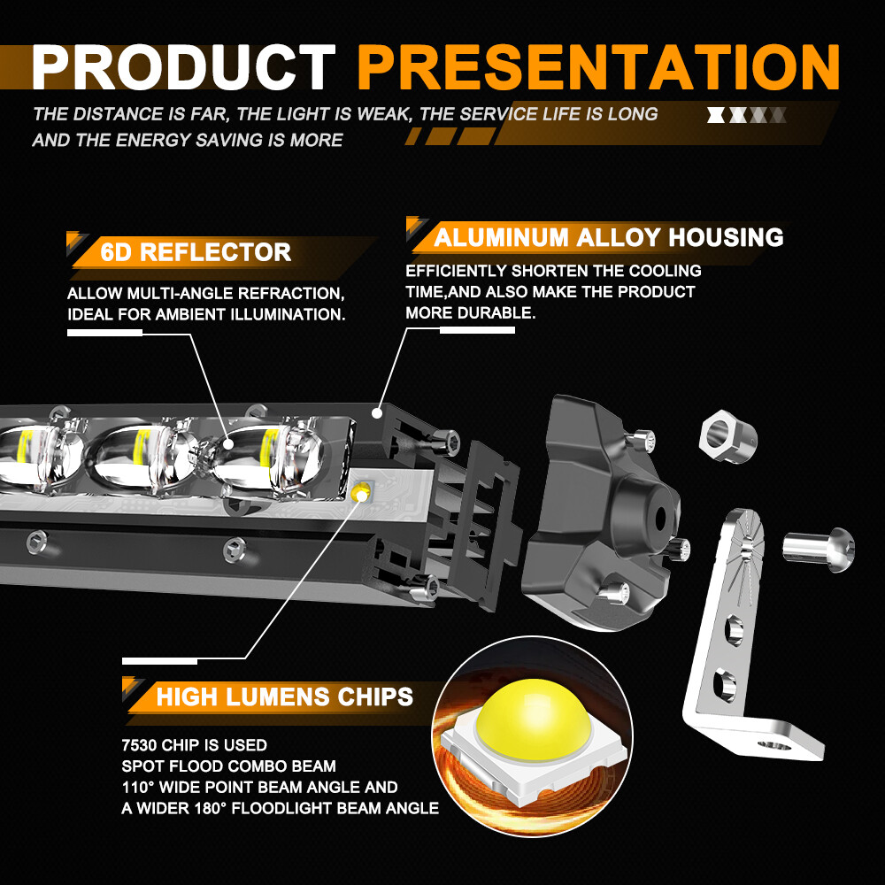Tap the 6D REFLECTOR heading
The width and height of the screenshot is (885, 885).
coord(196,252)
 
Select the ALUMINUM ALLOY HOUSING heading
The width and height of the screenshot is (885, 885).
coord(609,237)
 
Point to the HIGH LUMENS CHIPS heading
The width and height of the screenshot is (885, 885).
coord(284,696)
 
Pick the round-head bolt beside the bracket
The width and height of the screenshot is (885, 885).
coord(819,544)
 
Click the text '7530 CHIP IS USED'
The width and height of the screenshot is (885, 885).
coord(194,745)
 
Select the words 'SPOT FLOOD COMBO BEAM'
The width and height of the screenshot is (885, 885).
coord(228,766)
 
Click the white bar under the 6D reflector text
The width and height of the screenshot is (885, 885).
coord(104,332)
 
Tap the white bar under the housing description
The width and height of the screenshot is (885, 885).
coord(477,330)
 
